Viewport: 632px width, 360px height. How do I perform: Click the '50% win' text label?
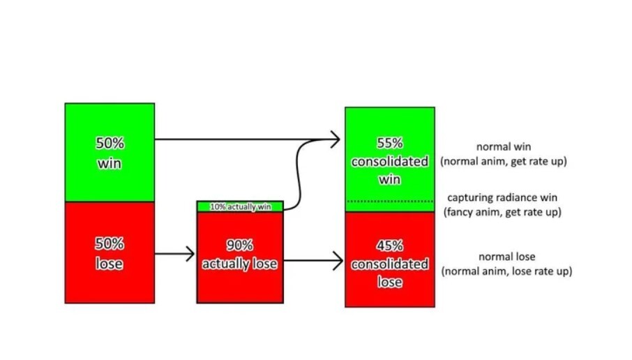click(x=110, y=153)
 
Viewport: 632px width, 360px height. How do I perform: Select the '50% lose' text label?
click(x=110, y=253)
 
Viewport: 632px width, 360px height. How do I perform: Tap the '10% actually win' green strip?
click(x=240, y=207)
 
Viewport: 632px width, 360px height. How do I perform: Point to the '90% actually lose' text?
click(x=240, y=254)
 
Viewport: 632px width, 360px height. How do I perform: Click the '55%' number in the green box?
click(x=390, y=143)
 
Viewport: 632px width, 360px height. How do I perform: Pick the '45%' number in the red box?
click(x=390, y=246)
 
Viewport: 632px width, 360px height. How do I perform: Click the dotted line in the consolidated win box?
click(x=390, y=201)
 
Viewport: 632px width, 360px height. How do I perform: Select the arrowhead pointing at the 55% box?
click(x=336, y=140)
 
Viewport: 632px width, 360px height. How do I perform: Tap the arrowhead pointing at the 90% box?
click(x=190, y=254)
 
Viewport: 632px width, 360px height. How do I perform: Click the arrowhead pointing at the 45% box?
click(x=338, y=260)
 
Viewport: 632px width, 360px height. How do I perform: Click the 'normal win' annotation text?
click(x=504, y=147)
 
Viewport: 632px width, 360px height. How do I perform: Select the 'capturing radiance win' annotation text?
click(x=502, y=197)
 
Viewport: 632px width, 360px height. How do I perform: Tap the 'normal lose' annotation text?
click(x=506, y=256)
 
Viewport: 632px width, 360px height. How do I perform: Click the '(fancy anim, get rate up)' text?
click(x=502, y=212)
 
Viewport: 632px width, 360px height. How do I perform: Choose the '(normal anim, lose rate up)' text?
click(x=506, y=271)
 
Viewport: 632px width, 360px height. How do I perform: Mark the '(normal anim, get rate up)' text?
click(x=504, y=161)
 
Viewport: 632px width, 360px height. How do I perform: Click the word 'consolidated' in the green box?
click(x=390, y=161)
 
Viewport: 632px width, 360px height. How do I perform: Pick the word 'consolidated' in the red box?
click(x=390, y=264)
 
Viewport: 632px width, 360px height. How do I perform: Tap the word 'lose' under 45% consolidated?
click(x=390, y=282)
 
